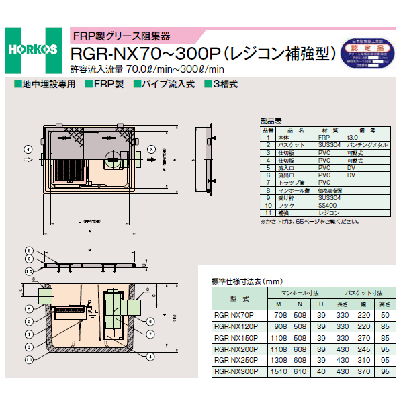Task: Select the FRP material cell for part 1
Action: [323, 136]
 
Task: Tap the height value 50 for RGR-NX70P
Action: [384, 314]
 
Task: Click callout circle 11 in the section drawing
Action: [29, 360]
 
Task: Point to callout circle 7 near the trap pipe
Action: [150, 333]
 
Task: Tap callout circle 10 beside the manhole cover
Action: [29, 271]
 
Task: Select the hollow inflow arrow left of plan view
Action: [27, 161]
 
